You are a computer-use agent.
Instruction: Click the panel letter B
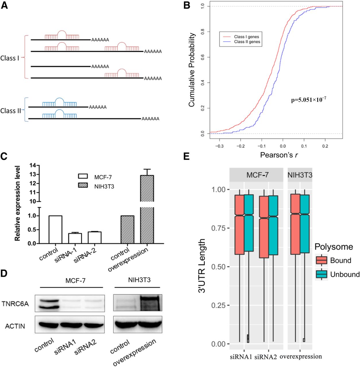(187, 5)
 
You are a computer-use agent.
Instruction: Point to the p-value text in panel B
(309, 100)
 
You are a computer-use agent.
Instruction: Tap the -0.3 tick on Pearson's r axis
(219, 146)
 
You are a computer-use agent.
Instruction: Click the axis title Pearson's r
(279, 155)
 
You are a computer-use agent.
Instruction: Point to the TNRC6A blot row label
(15, 304)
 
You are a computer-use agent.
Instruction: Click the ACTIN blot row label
(15, 326)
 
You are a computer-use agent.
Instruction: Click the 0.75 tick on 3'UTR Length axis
(219, 228)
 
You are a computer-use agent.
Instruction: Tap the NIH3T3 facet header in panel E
(300, 175)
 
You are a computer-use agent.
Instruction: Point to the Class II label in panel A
(11, 111)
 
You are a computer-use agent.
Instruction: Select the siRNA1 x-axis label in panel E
(241, 357)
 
